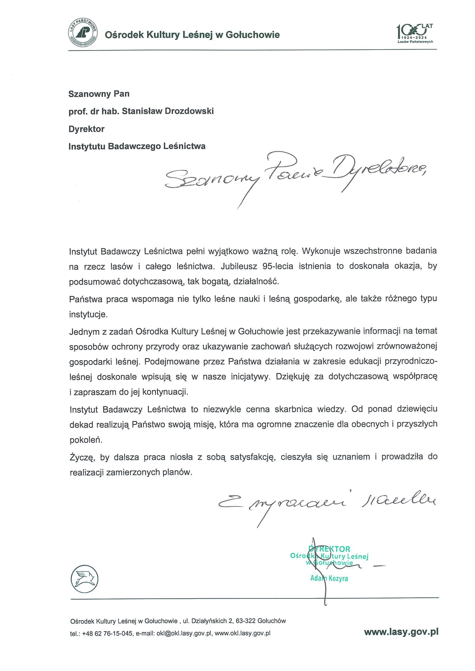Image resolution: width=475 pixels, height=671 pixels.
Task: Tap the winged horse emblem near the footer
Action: [85, 579]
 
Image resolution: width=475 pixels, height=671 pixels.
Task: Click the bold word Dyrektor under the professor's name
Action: [86, 129]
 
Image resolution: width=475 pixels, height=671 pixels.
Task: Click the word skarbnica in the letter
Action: [293, 409]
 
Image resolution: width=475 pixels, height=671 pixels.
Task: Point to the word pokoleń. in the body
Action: [86, 440]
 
